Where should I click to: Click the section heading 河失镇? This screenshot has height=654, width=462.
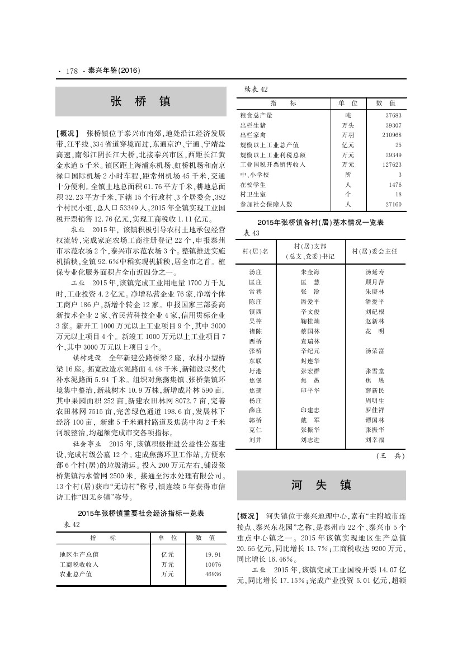click(321, 484)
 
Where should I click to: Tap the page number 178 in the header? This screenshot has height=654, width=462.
click(72, 71)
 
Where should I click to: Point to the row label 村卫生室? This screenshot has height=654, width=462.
click(252, 194)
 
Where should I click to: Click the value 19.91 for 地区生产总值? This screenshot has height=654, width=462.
click(213, 554)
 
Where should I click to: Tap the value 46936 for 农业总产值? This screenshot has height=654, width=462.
click(213, 574)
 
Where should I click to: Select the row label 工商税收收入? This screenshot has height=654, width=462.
click(79, 564)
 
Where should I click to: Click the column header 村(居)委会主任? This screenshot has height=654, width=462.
click(374, 251)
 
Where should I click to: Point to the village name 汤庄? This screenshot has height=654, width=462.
click(254, 272)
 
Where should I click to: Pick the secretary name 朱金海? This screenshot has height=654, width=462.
click(310, 272)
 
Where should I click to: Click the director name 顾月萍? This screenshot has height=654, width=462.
click(374, 282)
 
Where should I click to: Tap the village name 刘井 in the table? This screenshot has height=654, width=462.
click(254, 440)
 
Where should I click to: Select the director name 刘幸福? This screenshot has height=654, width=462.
click(374, 440)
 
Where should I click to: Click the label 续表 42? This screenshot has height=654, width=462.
click(257, 90)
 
